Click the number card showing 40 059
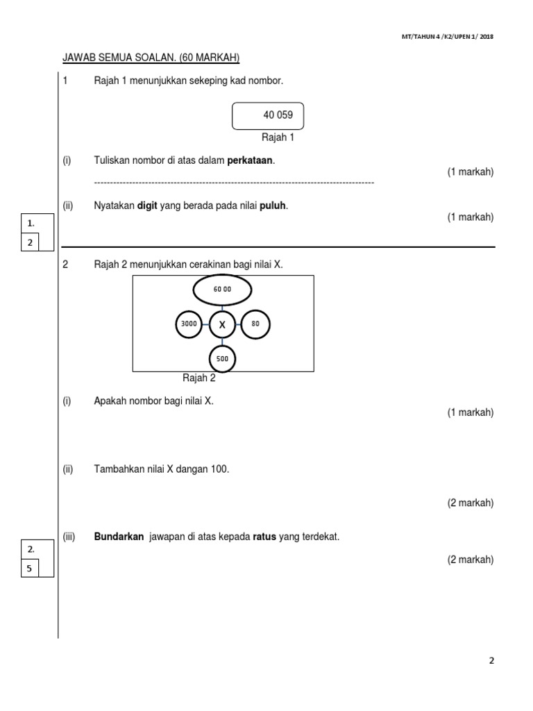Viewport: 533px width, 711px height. (268, 116)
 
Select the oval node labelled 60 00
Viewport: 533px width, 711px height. (222, 290)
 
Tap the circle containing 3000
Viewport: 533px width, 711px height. (189, 324)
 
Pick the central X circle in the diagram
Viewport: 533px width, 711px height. (222, 324)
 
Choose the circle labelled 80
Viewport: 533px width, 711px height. (255, 324)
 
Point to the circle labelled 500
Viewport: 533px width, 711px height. (222, 360)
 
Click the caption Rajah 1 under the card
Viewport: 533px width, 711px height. (278, 137)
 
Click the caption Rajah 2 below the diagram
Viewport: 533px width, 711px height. (199, 378)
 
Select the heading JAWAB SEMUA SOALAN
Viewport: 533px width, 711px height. (151, 58)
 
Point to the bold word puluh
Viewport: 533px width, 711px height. (273, 206)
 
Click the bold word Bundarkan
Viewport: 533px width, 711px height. (119, 537)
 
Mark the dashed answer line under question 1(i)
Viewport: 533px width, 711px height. (234, 182)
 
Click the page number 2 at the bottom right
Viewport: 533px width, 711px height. (491, 660)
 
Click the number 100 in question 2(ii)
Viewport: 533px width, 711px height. (220, 469)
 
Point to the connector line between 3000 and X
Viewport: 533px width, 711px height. (205, 324)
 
